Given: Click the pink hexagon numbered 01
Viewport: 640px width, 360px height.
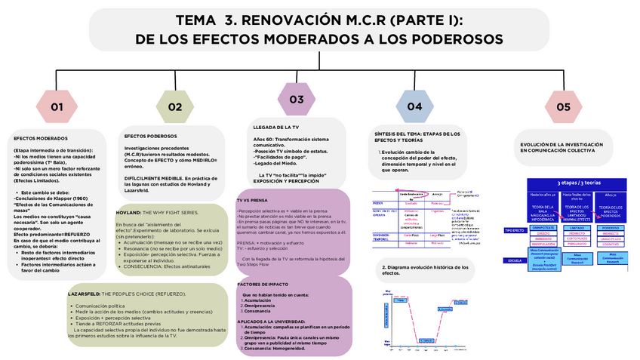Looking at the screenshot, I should [x=57, y=106].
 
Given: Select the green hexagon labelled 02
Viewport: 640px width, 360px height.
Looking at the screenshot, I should [x=175, y=106].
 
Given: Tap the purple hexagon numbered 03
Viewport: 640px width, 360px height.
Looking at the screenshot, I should [x=297, y=99].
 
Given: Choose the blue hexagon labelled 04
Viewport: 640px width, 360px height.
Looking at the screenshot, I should [x=414, y=106].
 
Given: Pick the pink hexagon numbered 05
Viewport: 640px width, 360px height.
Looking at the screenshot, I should [x=563, y=106].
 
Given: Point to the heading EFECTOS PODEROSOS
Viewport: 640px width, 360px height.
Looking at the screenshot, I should [x=150, y=136].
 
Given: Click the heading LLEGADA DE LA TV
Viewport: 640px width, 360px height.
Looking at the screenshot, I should [x=276, y=128].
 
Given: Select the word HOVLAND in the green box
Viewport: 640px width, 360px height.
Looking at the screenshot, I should [x=128, y=213].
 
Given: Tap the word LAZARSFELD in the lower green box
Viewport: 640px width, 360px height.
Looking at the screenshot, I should [x=83, y=292].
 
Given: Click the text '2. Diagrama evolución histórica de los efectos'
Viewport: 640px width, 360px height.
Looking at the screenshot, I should [x=425, y=269].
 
